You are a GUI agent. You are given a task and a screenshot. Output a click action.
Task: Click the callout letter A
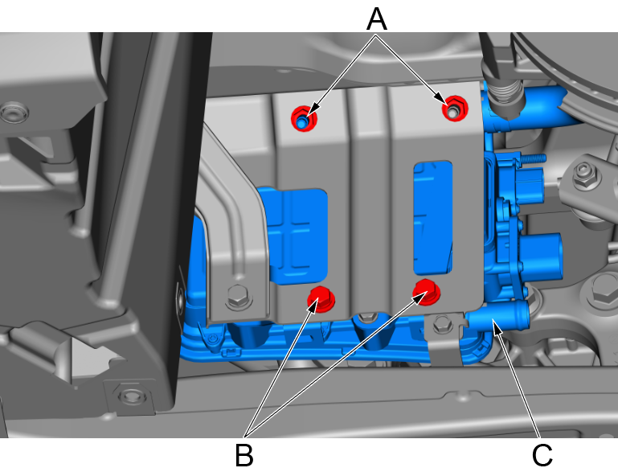pyautogui.click(x=376, y=19)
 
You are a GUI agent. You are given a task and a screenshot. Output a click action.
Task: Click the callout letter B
pyautogui.click(x=244, y=455)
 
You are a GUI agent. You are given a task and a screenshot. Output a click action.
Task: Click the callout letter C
pyautogui.click(x=542, y=455)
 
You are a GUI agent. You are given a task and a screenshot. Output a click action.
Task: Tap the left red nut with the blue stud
pyautogui.click(x=304, y=118)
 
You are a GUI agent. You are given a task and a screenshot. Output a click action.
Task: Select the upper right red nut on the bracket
pyautogui.click(x=455, y=108)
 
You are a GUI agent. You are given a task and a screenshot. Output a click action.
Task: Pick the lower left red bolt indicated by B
pyautogui.click(x=321, y=299)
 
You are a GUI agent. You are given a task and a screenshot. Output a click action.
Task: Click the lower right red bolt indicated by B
pyautogui.click(x=427, y=292)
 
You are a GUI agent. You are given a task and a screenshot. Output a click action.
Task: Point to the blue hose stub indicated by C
pyautogui.click(x=497, y=314)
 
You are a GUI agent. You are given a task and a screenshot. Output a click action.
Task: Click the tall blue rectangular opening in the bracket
pyautogui.click(x=432, y=218)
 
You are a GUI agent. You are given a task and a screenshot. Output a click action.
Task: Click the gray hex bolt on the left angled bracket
pyautogui.click(x=239, y=297)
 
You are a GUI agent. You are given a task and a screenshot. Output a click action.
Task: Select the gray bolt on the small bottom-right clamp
pyautogui.click(x=443, y=325)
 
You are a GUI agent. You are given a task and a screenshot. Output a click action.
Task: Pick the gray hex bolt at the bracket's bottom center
pyautogui.click(x=367, y=317)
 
